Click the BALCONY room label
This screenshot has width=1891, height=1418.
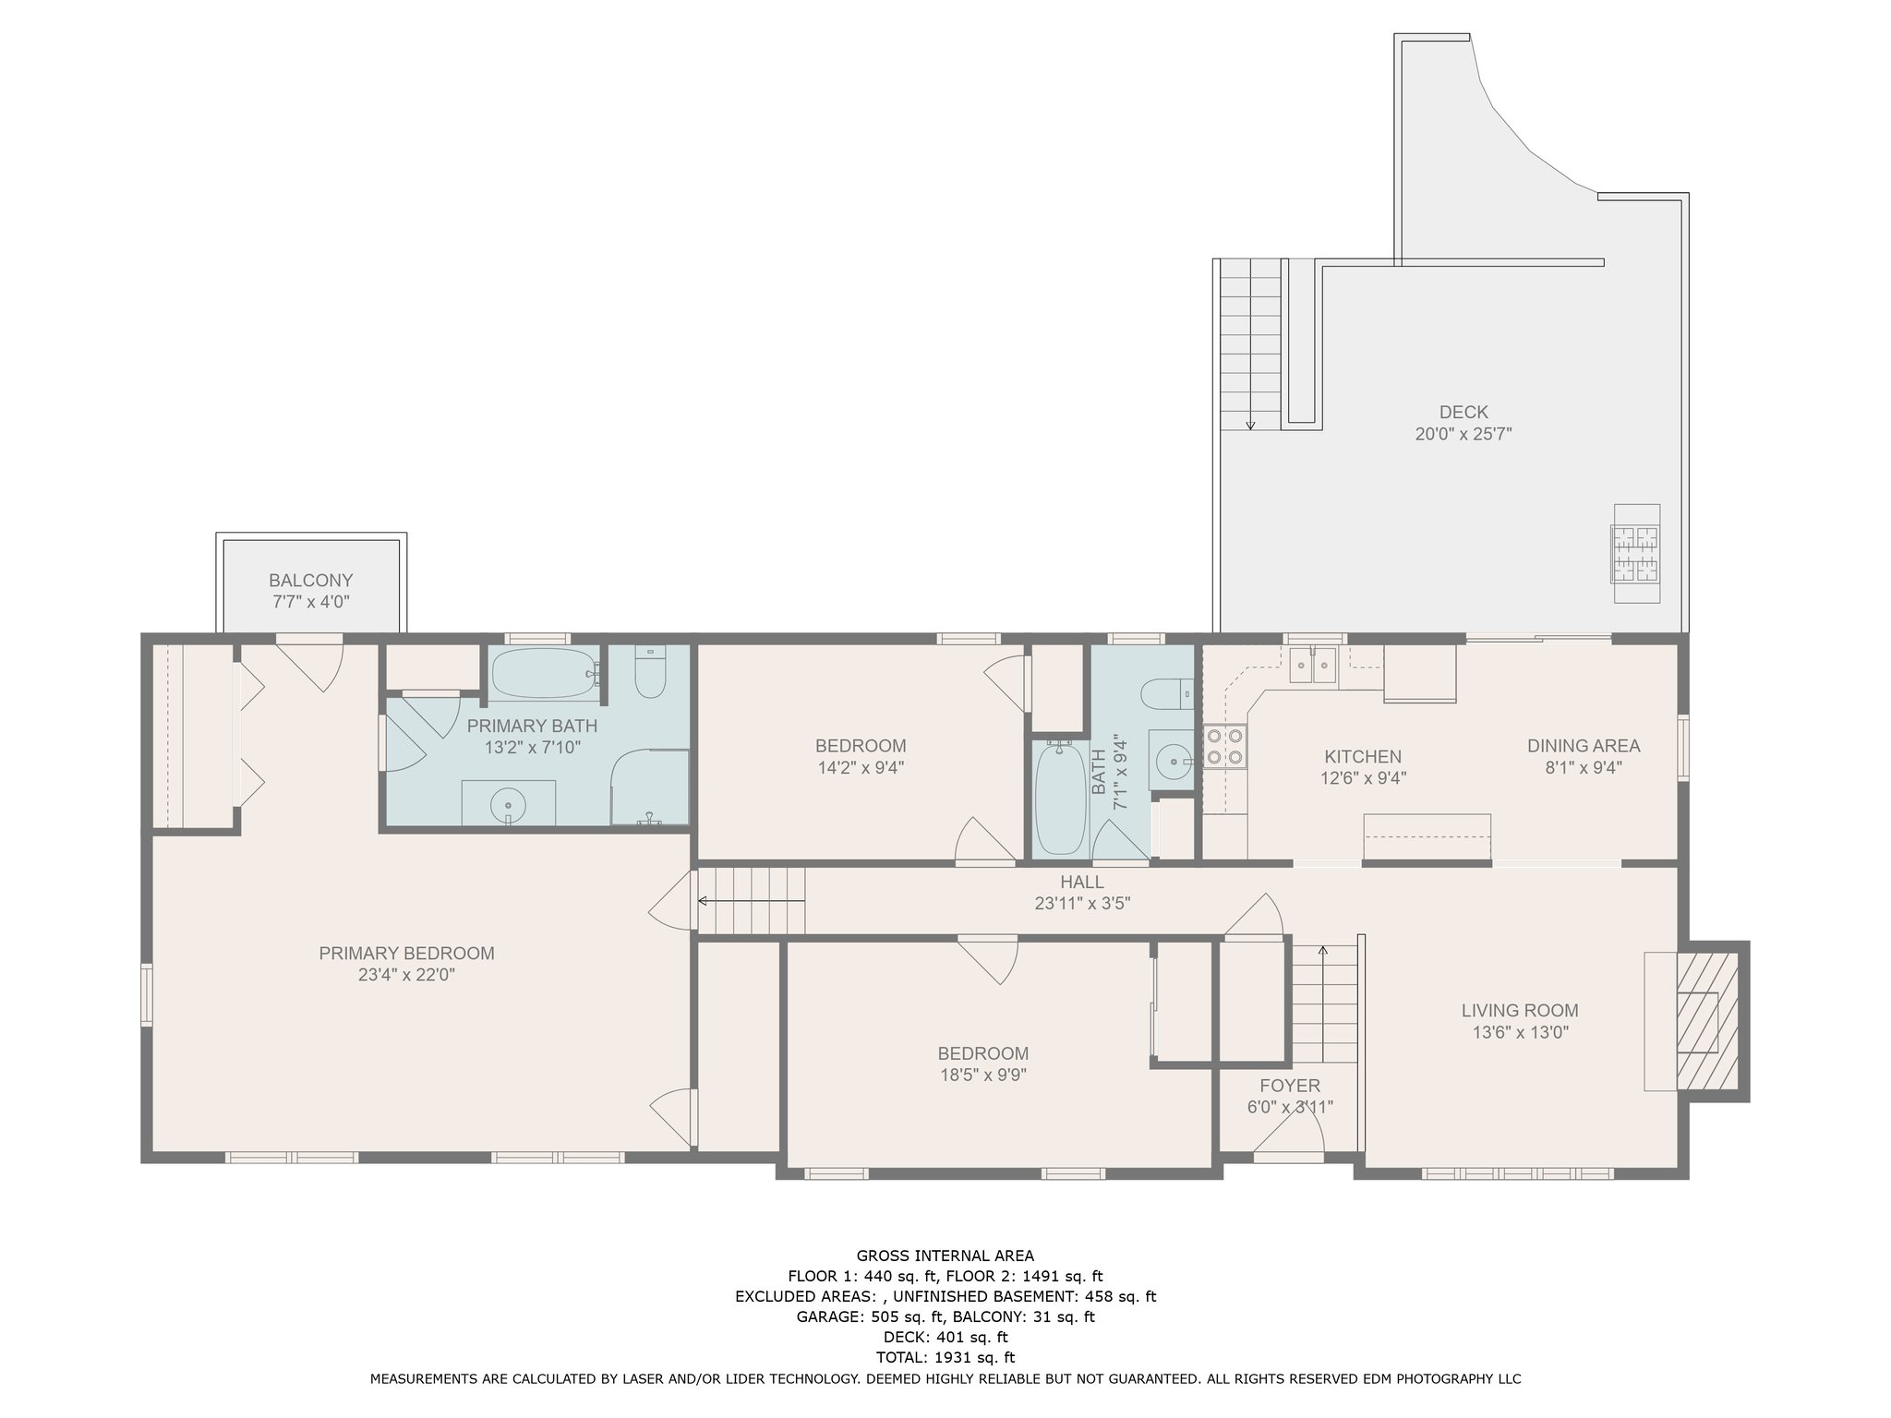tap(311, 581)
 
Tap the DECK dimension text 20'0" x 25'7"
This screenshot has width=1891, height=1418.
tap(1463, 434)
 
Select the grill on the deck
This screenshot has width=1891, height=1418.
tap(1636, 553)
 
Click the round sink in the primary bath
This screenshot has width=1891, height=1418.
tap(509, 805)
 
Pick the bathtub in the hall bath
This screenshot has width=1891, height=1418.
tap(1062, 799)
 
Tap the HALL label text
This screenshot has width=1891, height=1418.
tap(1082, 883)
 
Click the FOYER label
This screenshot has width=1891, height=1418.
tap(1290, 1087)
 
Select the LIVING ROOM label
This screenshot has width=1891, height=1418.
tap(1520, 1011)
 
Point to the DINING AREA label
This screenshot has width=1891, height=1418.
tap(1584, 746)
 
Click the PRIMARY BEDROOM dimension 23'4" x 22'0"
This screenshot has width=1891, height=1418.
tap(407, 975)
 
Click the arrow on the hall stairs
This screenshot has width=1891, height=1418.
tap(751, 901)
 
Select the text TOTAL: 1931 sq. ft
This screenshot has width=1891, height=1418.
tap(945, 1357)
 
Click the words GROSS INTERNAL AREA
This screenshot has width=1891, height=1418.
tap(945, 1256)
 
